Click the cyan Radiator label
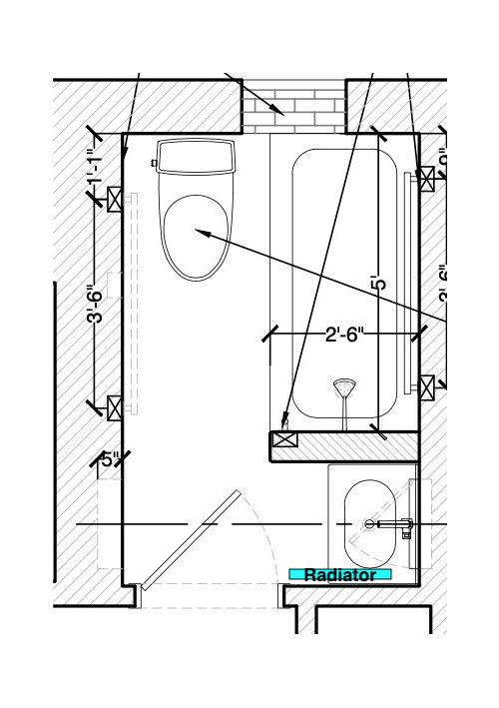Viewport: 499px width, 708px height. point(339,574)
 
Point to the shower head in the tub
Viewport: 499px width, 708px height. point(343,386)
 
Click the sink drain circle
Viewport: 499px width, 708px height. point(369,523)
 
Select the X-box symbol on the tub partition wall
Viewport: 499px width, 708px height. point(285,437)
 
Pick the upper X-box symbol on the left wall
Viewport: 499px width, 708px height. point(115,199)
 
